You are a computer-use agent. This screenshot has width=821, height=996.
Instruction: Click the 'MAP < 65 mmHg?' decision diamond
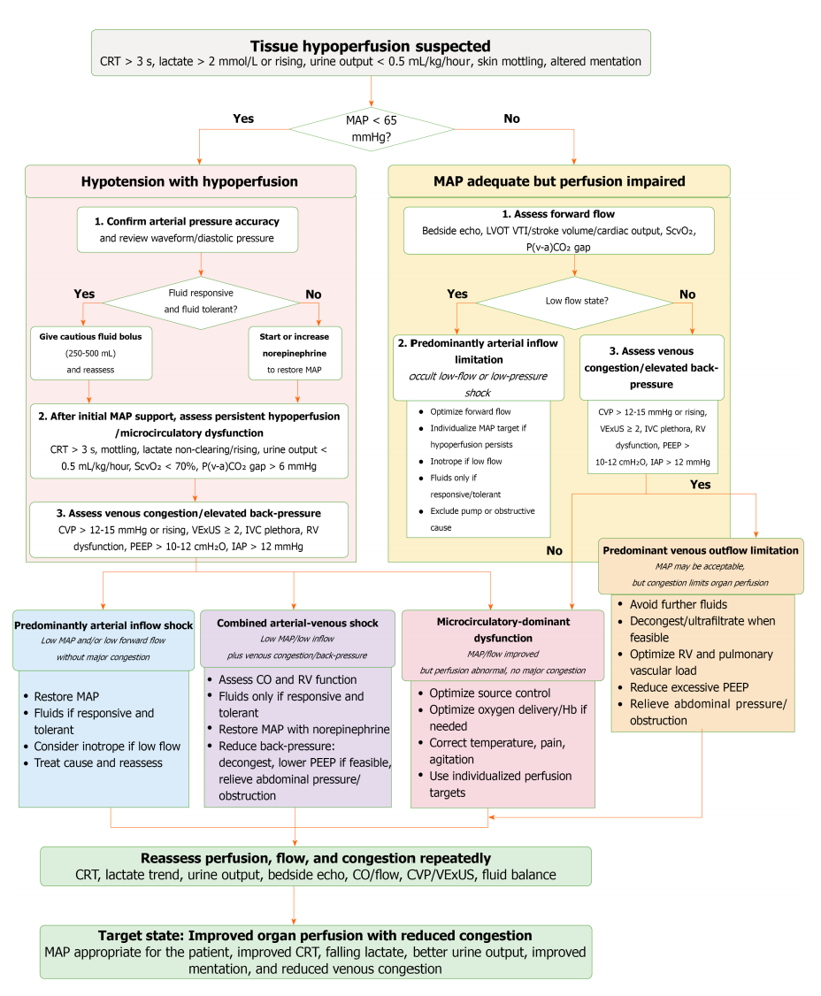click(x=372, y=129)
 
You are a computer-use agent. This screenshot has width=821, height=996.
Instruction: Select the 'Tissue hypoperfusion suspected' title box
click(x=371, y=53)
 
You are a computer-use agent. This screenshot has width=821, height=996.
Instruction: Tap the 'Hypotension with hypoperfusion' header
click(x=190, y=181)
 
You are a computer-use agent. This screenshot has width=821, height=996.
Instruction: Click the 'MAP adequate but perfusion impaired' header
click(x=559, y=181)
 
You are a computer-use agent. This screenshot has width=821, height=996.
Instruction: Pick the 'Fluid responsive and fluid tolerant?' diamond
click(x=201, y=303)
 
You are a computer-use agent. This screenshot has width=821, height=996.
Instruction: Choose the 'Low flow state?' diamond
click(x=576, y=302)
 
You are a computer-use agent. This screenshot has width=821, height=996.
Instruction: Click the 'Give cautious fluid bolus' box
click(x=91, y=353)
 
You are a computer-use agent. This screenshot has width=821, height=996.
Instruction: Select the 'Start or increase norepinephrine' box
click(x=295, y=353)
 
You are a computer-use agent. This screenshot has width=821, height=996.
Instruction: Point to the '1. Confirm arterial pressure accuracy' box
click(x=188, y=230)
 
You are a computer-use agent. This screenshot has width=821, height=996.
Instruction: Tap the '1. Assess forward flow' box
click(x=558, y=231)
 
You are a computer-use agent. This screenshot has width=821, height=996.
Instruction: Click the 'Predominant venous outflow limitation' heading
click(x=701, y=551)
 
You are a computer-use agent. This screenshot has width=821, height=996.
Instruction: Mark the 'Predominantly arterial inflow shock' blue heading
click(x=104, y=625)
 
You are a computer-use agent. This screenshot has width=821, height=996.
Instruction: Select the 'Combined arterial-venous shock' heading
click(x=297, y=623)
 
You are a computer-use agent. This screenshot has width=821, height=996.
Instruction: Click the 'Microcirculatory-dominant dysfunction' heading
click(x=503, y=630)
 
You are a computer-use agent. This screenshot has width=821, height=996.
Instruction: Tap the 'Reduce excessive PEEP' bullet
click(x=684, y=687)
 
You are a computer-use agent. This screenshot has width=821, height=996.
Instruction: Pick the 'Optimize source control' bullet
click(x=484, y=693)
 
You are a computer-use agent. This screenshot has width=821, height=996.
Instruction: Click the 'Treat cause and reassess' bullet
click(x=93, y=762)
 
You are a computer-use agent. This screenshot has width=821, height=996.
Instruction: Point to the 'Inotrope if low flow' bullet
click(x=461, y=461)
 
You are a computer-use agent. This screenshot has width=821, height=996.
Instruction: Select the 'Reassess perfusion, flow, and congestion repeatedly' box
click(x=316, y=866)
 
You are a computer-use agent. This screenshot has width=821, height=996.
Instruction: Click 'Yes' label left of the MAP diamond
click(x=243, y=119)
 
